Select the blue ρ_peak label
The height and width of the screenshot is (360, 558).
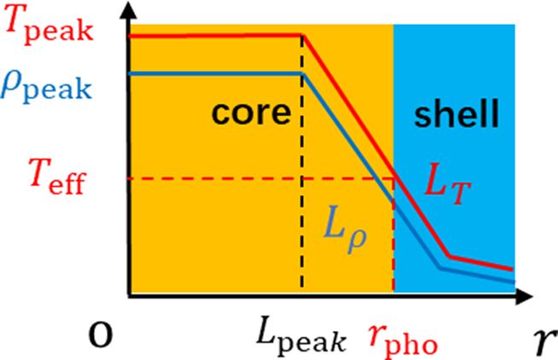pos(46,85)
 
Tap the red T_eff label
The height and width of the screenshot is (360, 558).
pos(58,177)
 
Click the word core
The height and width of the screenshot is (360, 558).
pos(251,113)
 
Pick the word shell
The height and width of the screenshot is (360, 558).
pos(456,113)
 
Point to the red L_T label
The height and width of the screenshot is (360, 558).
pos(448,184)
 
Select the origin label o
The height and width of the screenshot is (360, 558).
pos(101,335)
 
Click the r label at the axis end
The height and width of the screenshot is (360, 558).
pos(545,342)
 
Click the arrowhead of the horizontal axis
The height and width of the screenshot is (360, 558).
pos(524,296)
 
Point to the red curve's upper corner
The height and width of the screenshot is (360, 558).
pos(303,35)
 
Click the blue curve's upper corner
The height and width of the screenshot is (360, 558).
pos(303,73)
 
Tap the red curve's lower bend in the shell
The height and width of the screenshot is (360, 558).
pos(449,255)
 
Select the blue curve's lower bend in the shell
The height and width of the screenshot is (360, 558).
pos(440,268)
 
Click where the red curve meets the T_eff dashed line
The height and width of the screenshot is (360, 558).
pos(394,177)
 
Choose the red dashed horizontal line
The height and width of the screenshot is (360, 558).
pos(261,177)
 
